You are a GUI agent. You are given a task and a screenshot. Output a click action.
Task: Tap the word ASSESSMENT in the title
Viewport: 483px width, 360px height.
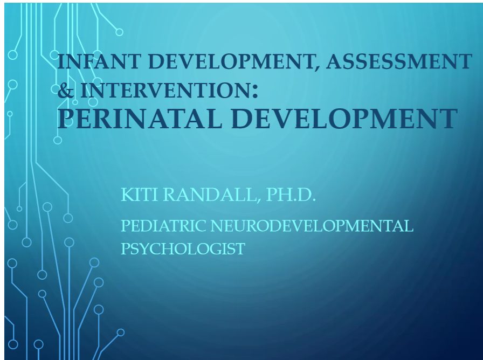(399, 62)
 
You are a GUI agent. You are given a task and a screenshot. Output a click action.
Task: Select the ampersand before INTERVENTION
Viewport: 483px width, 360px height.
(66, 91)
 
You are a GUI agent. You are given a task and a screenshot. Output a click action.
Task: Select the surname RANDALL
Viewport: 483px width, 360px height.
(209, 195)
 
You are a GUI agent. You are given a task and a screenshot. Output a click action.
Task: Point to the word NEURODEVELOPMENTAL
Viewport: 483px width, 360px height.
(312, 226)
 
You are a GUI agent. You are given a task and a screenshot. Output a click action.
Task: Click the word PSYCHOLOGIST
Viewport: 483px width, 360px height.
(183, 249)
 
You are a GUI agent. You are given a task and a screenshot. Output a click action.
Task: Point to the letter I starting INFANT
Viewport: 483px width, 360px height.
(60, 62)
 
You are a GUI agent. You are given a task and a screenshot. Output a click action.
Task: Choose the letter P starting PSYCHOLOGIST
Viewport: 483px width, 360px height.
(125, 249)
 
